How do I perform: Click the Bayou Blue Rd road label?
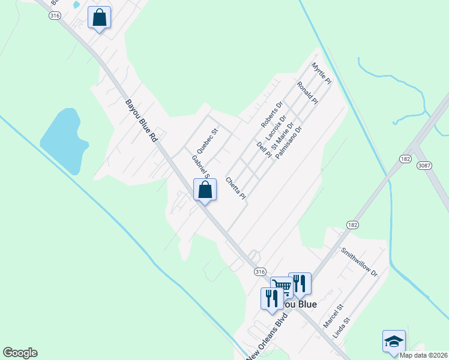pos(141,120)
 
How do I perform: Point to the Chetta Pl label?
pos(236,188)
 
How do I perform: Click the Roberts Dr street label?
pos(271,114)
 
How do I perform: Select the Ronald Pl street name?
pos(307,93)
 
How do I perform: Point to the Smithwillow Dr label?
pos(359,262)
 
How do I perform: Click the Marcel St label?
pos(332,316)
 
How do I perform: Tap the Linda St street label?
pos(341,328)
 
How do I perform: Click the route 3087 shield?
pos(425,164)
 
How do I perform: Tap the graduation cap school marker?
pos(394,341)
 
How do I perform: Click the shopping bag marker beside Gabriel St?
pos(205,190)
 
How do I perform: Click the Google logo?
pos(20,353)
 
